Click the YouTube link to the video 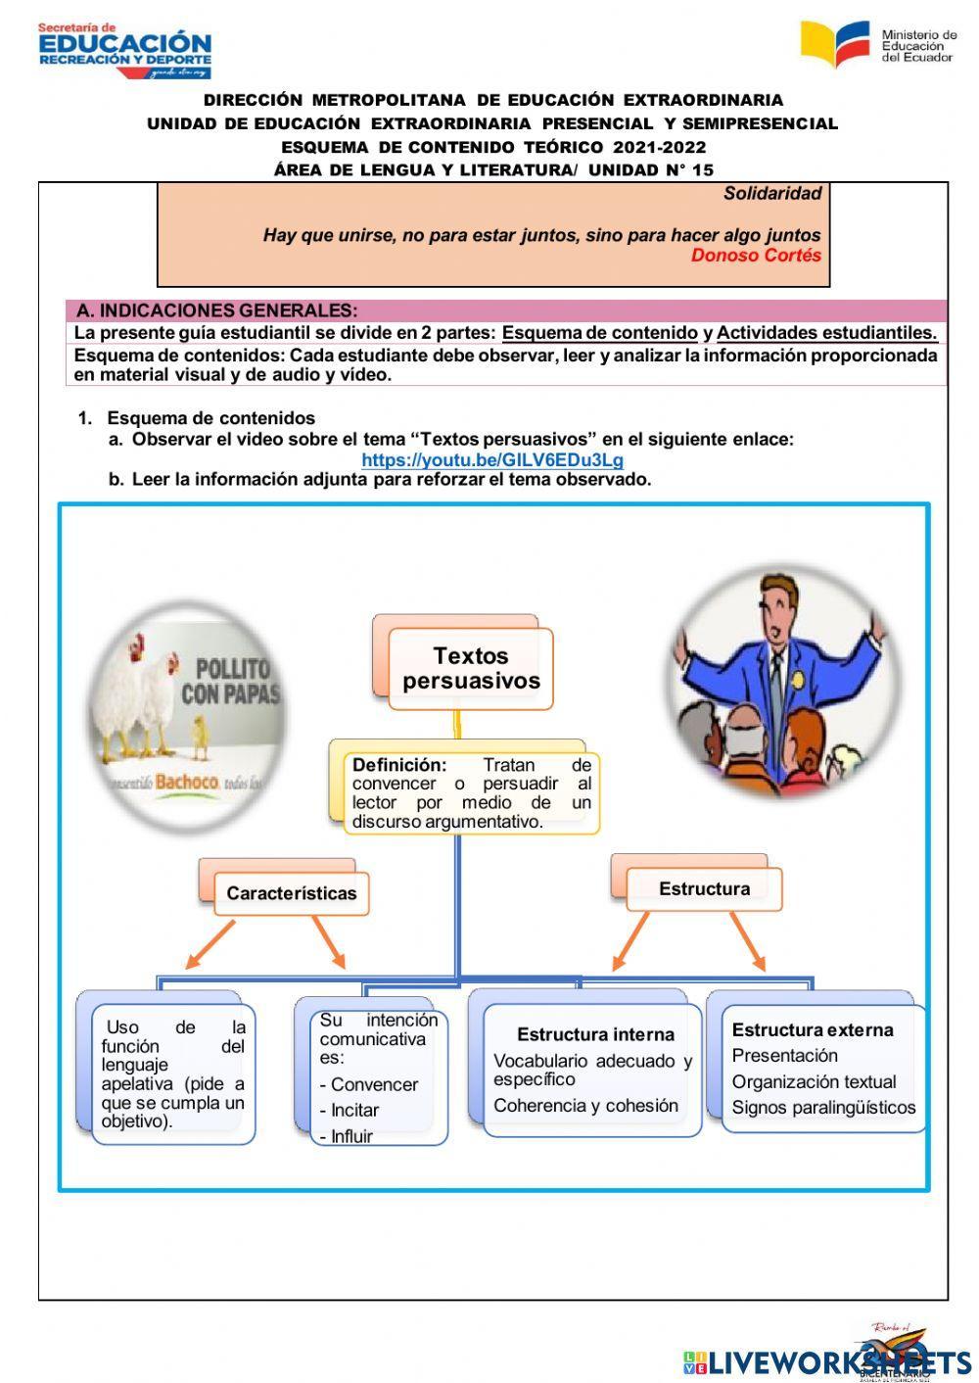[x=491, y=460]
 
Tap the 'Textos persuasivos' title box [x=471, y=669]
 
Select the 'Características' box [x=291, y=893]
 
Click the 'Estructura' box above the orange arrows [x=704, y=889]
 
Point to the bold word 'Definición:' [x=398, y=765]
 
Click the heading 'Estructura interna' [x=595, y=1034]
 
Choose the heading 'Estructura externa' [x=812, y=1030]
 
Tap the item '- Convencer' [x=369, y=1084]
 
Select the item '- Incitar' [x=350, y=1110]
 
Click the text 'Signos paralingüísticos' [x=823, y=1108]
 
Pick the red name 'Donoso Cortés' [x=756, y=256]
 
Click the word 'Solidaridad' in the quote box [x=771, y=194]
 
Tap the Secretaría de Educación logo [x=124, y=51]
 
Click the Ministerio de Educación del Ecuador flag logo [x=834, y=44]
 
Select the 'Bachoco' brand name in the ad [x=186, y=782]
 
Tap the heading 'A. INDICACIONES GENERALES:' [x=216, y=310]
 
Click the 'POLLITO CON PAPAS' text [x=230, y=682]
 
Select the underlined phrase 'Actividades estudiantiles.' [x=826, y=333]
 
